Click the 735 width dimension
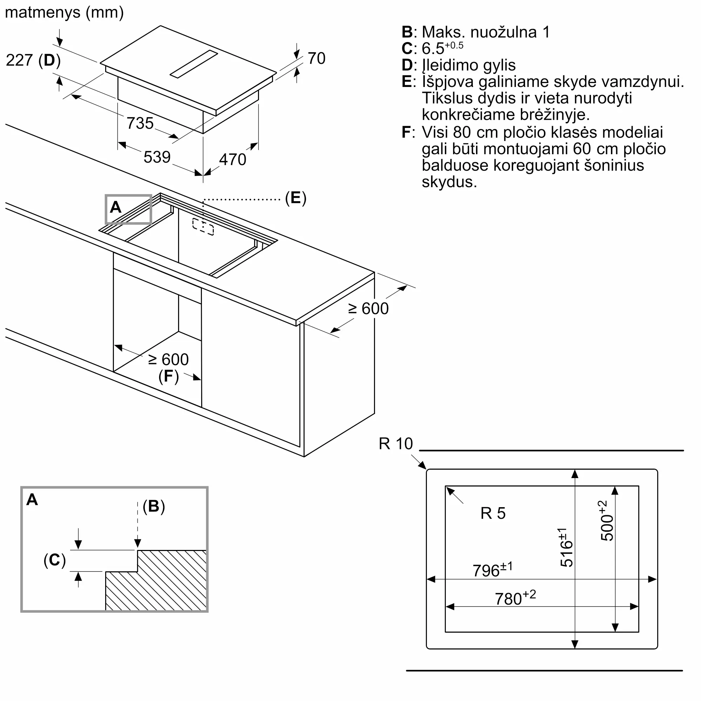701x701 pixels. [140, 123]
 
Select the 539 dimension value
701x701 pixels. [157, 157]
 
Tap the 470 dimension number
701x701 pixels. [233, 159]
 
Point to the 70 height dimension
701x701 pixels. [317, 59]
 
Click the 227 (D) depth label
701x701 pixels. [33, 60]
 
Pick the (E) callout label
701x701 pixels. [296, 198]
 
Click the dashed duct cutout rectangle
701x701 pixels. [203, 227]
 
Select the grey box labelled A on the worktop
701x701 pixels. [128, 209]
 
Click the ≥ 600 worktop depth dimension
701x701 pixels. [368, 309]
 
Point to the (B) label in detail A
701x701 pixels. [154, 506]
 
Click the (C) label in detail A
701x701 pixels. [55, 560]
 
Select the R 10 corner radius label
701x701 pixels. [396, 444]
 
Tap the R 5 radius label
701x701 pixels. [493, 513]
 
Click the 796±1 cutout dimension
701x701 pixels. [492, 570]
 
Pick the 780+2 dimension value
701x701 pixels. [515, 598]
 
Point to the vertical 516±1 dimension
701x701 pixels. [566, 547]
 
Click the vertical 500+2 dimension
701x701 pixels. [606, 521]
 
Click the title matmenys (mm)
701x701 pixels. [64, 13]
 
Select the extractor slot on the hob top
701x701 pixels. [194, 64]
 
